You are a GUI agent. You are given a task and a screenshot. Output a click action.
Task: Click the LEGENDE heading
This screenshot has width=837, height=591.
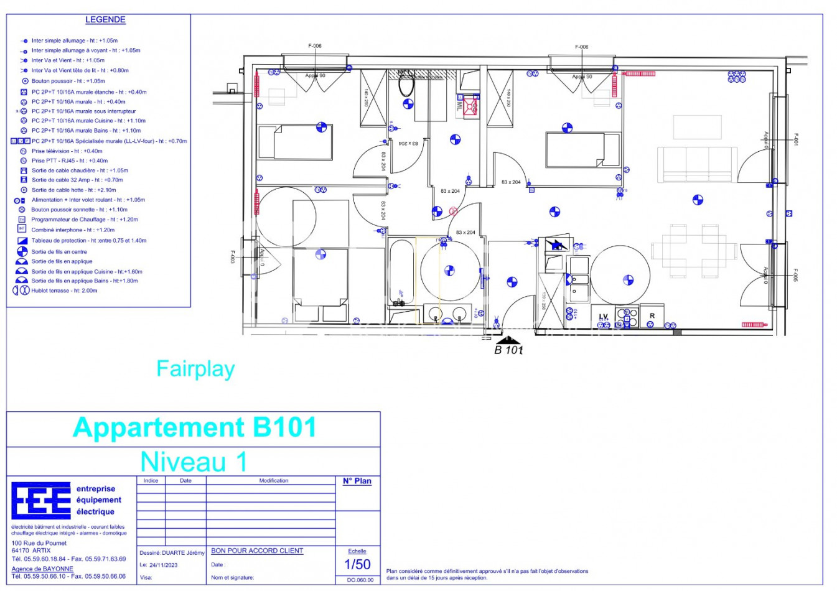[105, 20]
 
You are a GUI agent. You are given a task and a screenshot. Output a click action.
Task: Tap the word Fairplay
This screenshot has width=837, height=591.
[195, 369]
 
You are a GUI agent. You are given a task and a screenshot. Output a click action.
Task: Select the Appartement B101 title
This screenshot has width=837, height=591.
[194, 427]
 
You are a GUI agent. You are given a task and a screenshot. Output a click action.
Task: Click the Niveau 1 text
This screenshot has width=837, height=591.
[194, 462]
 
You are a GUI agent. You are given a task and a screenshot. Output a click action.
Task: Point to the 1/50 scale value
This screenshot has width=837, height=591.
[357, 564]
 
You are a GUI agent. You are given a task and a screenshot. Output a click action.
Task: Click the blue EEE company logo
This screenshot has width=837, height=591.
[41, 500]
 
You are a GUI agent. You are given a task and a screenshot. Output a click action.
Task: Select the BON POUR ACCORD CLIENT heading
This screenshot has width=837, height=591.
[257, 551]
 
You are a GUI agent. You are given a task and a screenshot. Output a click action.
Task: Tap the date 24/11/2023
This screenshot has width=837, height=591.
[163, 565]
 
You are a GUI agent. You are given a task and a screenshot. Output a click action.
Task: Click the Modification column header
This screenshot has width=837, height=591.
[273, 480]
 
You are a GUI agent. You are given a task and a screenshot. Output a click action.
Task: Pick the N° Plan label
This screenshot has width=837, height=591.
[357, 481]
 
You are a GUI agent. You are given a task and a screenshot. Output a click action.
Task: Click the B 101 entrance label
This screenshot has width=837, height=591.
[508, 350]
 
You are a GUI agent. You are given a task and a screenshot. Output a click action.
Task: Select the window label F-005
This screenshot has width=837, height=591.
[795, 275]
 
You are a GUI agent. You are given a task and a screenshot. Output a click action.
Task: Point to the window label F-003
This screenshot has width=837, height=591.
[233, 256]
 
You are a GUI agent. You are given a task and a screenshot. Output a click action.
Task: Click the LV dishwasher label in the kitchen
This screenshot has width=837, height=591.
[603, 317]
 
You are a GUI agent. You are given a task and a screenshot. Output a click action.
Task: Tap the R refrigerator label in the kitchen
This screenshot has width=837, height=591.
[652, 316]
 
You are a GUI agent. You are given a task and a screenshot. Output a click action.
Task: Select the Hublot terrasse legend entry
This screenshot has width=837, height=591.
[64, 291]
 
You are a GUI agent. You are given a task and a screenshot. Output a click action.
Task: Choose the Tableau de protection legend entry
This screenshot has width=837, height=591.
[88, 240]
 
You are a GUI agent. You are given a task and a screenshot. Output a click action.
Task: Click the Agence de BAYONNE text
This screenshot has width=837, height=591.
[42, 569]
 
